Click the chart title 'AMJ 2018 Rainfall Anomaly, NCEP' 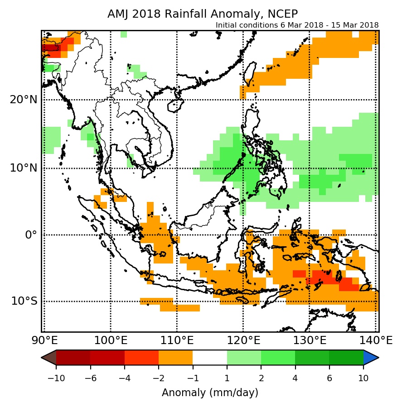pos(203,14)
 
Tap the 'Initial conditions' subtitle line pos(297,25)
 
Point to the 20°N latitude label pos(23,100)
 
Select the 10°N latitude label pos(23,168)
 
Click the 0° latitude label pos(30,235)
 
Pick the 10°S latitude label pos(24,301)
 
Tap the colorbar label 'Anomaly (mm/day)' pos(210,393)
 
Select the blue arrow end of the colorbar pos(371,357)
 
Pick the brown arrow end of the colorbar pos(49,357)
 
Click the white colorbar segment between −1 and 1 pos(210,357)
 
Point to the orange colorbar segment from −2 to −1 pos(175,357)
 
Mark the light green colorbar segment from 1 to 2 pos(244,357)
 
